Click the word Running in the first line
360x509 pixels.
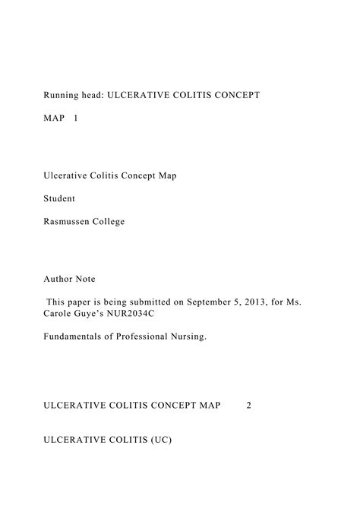61,95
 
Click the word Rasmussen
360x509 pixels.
68,221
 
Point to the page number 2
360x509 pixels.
248,405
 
